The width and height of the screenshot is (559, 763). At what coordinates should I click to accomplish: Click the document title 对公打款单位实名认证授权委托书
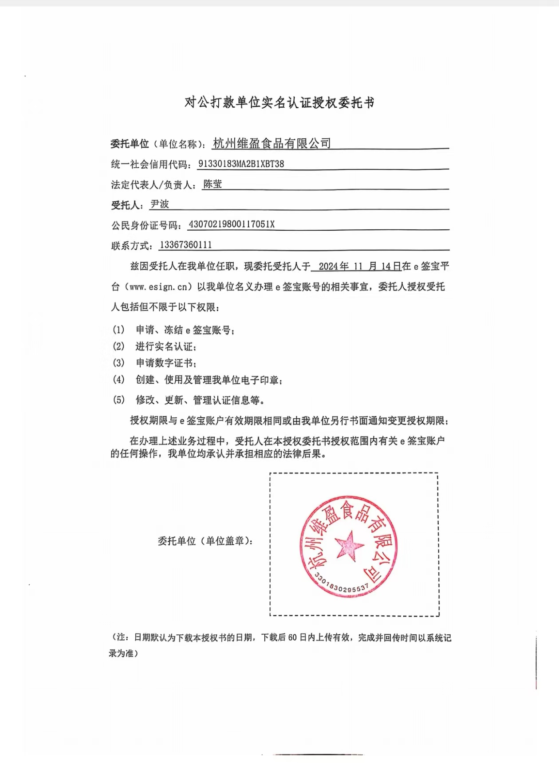279,103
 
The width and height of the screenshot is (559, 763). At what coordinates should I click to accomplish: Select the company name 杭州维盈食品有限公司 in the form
272,143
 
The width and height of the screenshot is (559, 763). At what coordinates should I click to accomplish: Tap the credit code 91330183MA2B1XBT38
241,164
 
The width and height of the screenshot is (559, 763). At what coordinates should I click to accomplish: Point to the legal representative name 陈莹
213,184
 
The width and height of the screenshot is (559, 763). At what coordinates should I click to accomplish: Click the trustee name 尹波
160,204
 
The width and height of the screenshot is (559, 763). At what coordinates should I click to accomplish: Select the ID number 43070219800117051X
232,224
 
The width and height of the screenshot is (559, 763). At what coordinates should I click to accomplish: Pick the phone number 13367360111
185,245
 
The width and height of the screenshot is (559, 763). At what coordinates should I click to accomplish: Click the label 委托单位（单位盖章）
206,541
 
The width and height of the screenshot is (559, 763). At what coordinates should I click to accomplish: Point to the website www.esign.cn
158,287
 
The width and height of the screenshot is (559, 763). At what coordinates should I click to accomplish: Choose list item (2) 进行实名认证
166,346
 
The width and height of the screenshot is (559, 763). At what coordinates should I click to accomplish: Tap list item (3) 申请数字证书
166,363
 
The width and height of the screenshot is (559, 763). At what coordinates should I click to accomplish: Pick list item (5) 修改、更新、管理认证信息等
201,400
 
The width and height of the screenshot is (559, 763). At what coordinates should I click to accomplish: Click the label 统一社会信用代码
150,165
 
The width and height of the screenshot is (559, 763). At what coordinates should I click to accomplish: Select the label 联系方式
131,246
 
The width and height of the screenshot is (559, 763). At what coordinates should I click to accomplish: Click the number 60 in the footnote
292,638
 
